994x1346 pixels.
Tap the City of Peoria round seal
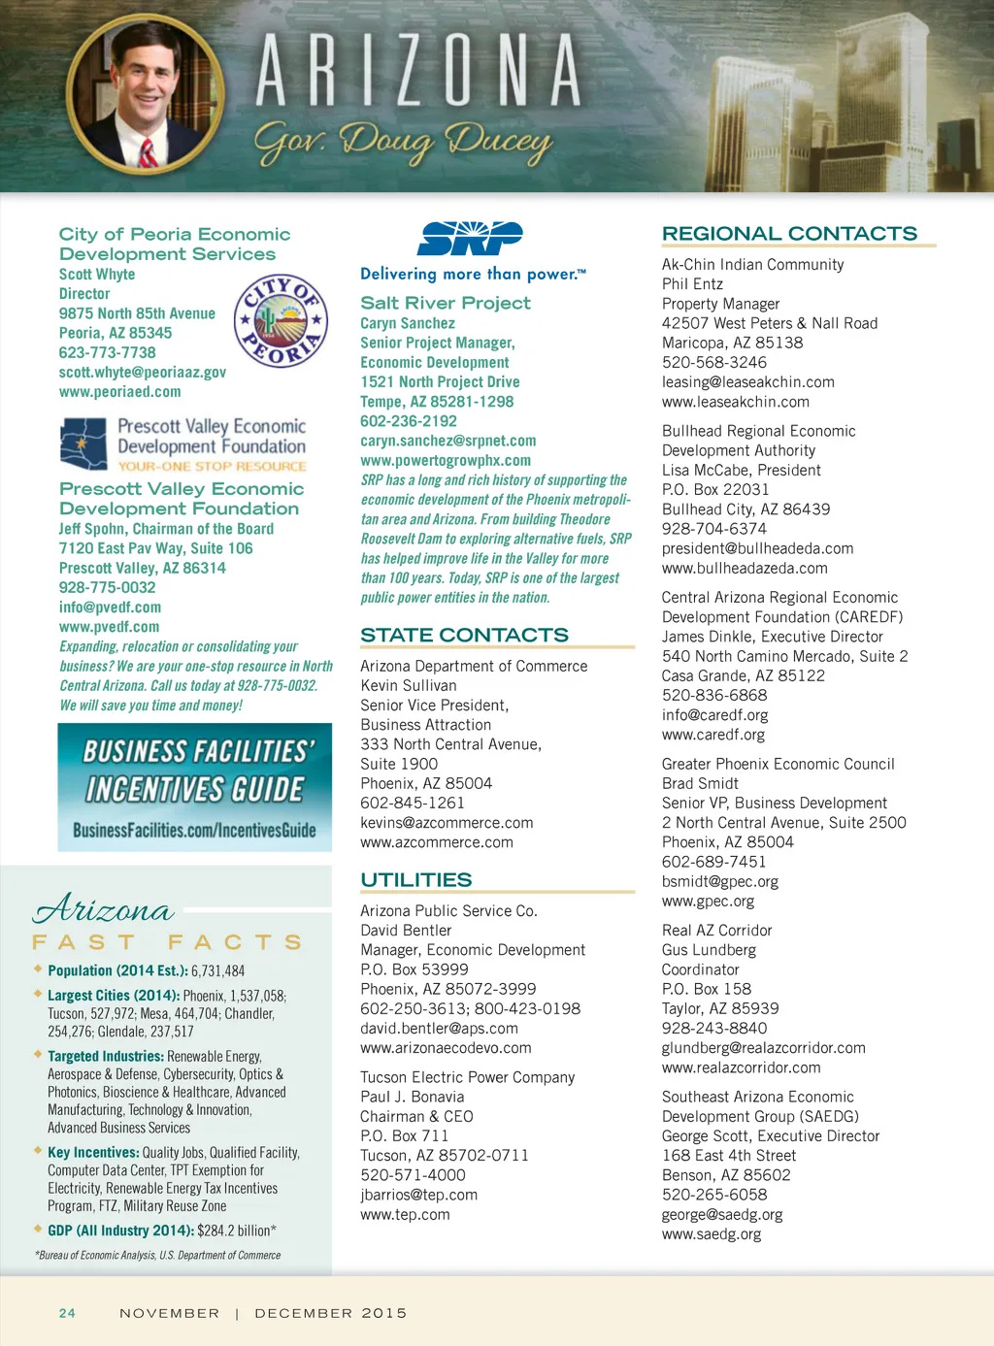[x=281, y=320]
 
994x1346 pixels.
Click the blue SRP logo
[x=470, y=239]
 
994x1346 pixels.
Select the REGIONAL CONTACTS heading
[x=789, y=234]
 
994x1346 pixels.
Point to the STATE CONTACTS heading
[x=464, y=636]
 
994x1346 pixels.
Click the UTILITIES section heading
[x=415, y=880]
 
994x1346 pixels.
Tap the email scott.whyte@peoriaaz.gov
[x=143, y=373]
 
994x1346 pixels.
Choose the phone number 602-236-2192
[x=409, y=421]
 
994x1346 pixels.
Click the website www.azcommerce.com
[x=437, y=842]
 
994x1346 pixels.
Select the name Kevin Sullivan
[x=408, y=686]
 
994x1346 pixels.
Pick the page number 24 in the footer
[x=67, y=1313]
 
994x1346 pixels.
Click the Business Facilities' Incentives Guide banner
[x=194, y=787]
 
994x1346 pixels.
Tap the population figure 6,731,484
[x=217, y=970]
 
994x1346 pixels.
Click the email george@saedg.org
[x=722, y=1215]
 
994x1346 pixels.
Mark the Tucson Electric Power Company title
[x=467, y=1077]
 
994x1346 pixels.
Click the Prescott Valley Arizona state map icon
[x=83, y=443]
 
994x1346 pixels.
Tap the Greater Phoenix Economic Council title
[x=778, y=765]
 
